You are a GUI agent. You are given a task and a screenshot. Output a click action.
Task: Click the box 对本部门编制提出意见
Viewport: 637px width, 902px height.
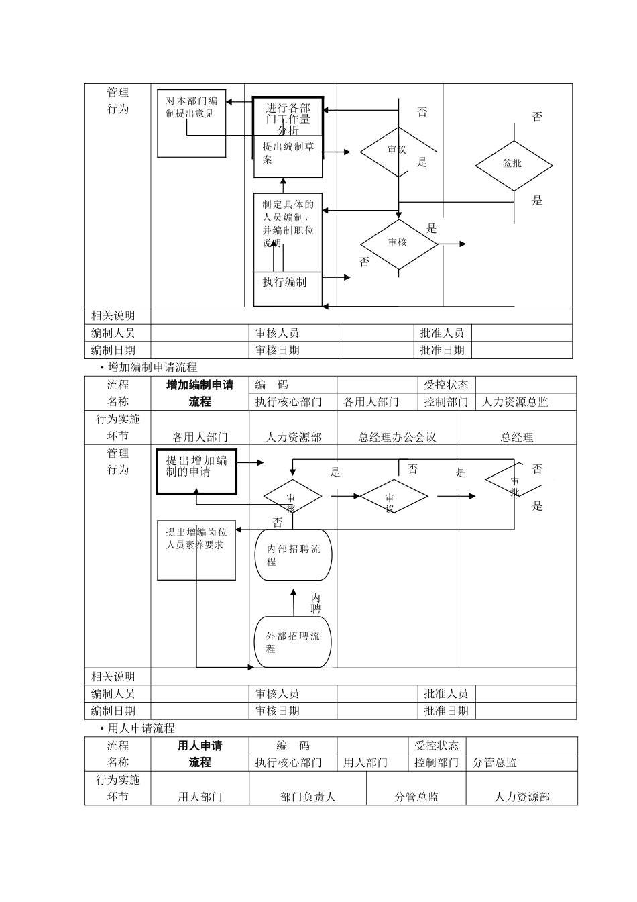[x=192, y=123]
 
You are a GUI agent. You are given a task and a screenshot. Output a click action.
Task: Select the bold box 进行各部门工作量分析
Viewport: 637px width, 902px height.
[x=288, y=116]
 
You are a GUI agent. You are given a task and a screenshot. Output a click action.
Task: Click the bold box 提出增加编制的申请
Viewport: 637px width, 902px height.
[x=196, y=471]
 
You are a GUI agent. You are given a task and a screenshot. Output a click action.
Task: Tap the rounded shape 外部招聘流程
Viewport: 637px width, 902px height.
[x=293, y=642]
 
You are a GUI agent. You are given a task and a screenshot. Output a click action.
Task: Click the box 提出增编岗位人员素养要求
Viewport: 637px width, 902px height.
[x=196, y=550]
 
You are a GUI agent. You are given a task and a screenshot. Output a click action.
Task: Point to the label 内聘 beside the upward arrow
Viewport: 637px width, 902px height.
[x=316, y=603]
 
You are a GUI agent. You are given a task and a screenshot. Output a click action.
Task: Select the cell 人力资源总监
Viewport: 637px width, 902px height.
[x=515, y=402]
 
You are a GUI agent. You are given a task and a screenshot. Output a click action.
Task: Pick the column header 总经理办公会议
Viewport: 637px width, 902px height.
[x=397, y=437]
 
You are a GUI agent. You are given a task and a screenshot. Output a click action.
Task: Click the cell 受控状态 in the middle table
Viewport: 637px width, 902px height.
[x=446, y=385]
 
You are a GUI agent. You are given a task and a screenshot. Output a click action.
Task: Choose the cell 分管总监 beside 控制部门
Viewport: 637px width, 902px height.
[x=495, y=762]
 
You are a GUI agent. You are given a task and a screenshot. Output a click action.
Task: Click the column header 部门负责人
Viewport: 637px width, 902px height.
[x=308, y=797]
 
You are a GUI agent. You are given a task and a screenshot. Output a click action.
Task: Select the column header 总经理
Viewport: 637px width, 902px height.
[x=517, y=437]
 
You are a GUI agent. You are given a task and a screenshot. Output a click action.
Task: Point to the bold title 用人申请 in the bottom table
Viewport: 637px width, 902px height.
[x=200, y=746]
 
